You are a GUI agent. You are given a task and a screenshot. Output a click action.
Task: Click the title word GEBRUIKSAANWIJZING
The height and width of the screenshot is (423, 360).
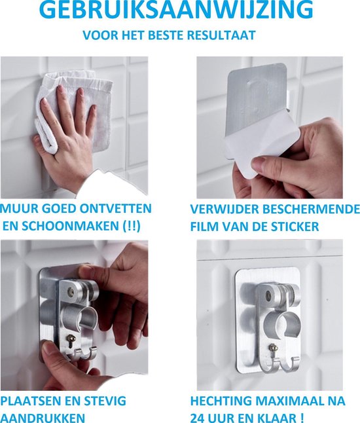point(175,11)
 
